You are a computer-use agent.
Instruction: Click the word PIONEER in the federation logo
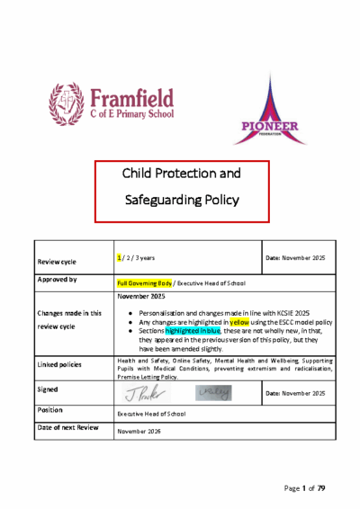(271, 127)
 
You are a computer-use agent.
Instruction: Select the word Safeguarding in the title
(182, 199)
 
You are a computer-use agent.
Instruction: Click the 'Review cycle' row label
(56, 262)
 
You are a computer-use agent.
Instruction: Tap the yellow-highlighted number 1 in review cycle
(120, 258)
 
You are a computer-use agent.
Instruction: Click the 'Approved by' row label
(56, 280)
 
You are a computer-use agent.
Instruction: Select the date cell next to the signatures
(294, 394)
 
